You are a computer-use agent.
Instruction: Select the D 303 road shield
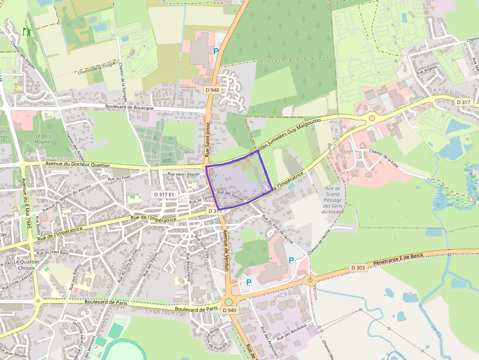[358, 268]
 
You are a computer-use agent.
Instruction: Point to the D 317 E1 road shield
[164, 194]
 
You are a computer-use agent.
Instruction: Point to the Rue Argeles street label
[427, 70]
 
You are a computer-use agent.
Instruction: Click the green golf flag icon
[26, 32]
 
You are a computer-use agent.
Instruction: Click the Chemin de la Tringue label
[97, 69]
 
